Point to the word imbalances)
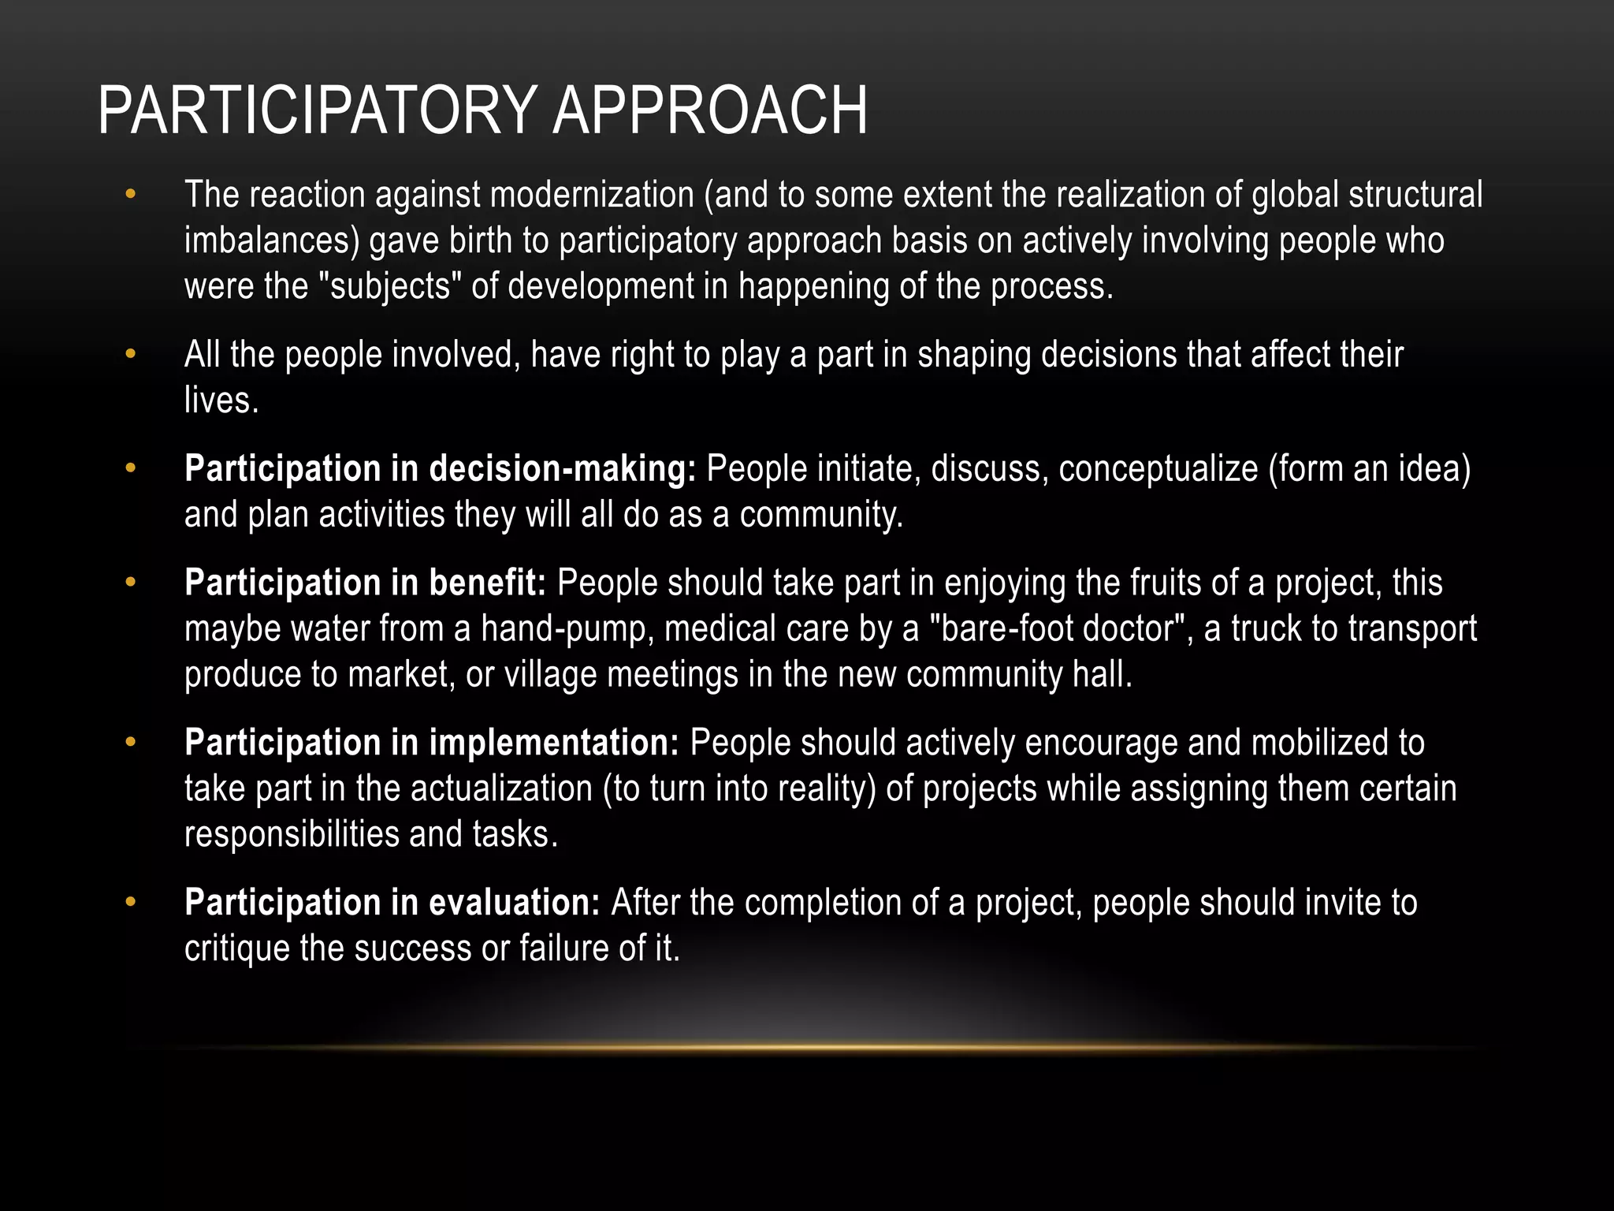click(272, 240)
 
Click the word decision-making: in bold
click(563, 469)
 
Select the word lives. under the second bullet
click(221, 401)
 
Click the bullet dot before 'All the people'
click(131, 355)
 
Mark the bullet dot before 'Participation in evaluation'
click(131, 903)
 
